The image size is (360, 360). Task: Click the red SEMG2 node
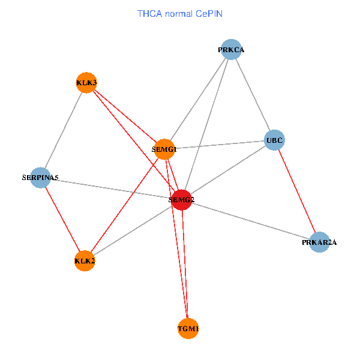[x=181, y=200]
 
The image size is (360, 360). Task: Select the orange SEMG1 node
[x=164, y=149]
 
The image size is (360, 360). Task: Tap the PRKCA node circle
[x=232, y=49]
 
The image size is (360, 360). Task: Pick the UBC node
[x=274, y=140]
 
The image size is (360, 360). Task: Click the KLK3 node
[x=86, y=82]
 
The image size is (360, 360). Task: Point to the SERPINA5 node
[x=40, y=178]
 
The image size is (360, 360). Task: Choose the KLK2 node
[x=85, y=260]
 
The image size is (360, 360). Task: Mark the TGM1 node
[x=188, y=328]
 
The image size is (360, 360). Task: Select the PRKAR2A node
[x=320, y=242]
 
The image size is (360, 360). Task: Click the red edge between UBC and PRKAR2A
[x=297, y=191]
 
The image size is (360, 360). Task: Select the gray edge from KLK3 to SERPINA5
[x=63, y=130]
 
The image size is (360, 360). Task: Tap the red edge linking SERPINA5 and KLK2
[x=62, y=219]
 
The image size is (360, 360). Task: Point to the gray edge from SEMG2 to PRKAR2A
[x=250, y=221]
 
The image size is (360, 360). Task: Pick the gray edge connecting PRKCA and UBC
[x=253, y=95]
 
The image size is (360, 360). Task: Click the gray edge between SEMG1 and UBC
[x=219, y=145]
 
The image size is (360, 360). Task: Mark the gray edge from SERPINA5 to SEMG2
[x=110, y=188]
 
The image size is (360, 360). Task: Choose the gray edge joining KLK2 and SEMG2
[x=133, y=230]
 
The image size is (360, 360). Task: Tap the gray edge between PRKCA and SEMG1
[x=198, y=99]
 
